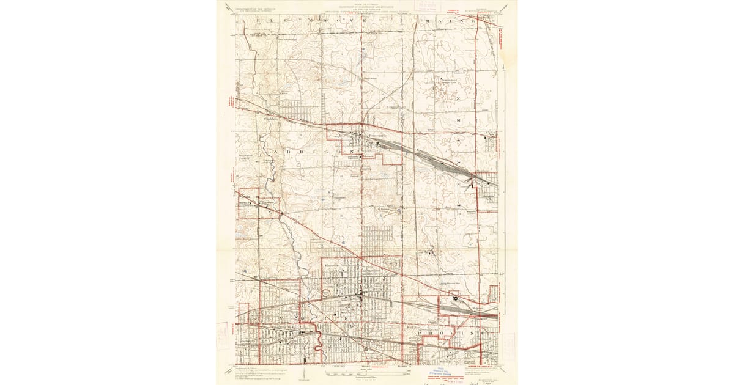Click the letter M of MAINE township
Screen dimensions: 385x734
click(x=426, y=20)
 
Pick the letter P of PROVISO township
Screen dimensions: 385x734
click(x=422, y=334)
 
